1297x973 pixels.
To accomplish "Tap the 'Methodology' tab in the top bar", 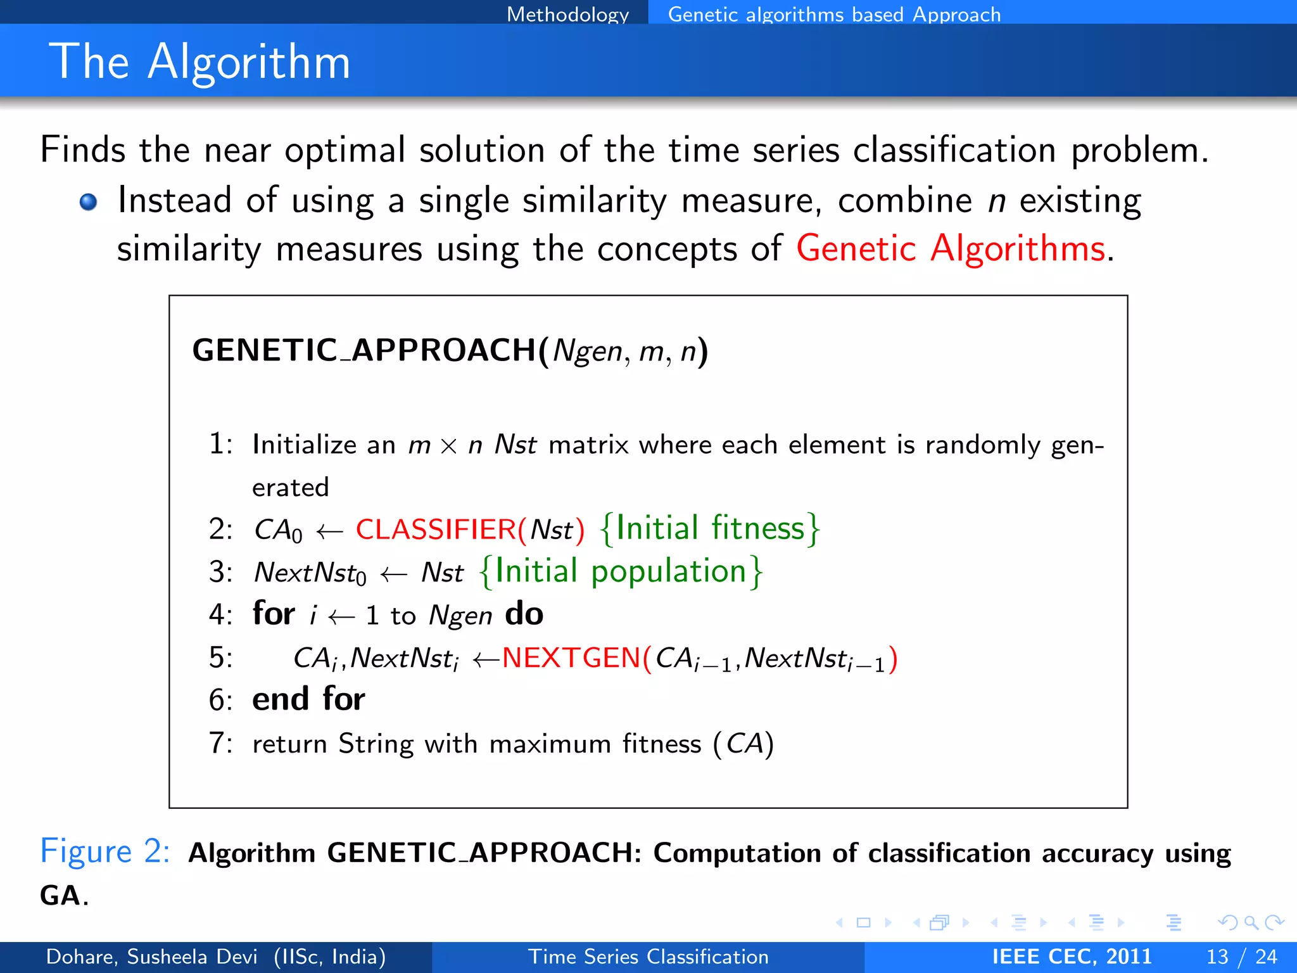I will pyautogui.click(x=567, y=13).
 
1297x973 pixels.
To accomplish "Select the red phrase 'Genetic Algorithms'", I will pyautogui.click(x=951, y=248).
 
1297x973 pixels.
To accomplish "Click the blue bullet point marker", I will pyautogui.click(x=88, y=202).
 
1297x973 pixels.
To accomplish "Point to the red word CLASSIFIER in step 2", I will pyautogui.click(x=436, y=530).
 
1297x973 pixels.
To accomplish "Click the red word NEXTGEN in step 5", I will pyautogui.click(x=571, y=658).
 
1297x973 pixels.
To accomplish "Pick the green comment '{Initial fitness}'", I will pyautogui.click(x=709, y=528).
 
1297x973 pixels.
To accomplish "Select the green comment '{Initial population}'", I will pyautogui.click(x=621, y=571).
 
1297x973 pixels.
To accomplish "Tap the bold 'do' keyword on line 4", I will pyautogui.click(x=524, y=614).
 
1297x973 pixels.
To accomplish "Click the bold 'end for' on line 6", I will pyautogui.click(x=308, y=699).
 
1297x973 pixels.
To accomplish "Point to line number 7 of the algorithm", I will pyautogui.click(x=217, y=743).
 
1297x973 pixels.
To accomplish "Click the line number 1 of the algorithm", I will pyautogui.click(x=217, y=444).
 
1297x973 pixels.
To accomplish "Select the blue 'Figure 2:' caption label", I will pyautogui.click(x=104, y=851).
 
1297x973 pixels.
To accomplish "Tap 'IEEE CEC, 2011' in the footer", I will pyautogui.click(x=1072, y=957).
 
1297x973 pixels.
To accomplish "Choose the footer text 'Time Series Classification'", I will pyautogui.click(x=648, y=957).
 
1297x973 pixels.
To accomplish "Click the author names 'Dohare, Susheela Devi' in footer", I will pyautogui.click(x=152, y=957).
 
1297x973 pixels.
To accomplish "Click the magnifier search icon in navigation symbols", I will pyautogui.click(x=1251, y=922).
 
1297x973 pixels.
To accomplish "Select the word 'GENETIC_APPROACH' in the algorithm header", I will pyautogui.click(x=364, y=350).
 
